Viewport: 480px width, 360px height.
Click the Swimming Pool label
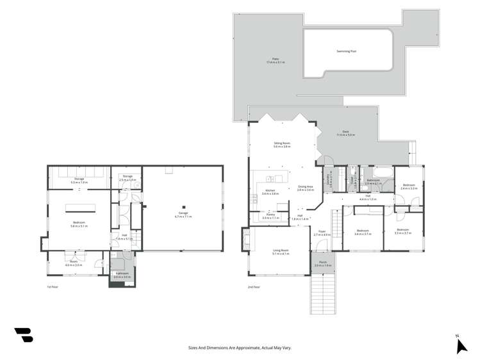347,51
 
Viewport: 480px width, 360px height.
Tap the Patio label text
275,60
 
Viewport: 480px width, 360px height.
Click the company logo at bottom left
24,334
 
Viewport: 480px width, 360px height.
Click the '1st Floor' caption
53,287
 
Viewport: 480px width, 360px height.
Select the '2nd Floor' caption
254,287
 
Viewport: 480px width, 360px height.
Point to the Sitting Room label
282,145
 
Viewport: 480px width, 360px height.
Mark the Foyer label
322,233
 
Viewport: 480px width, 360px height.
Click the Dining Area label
306,188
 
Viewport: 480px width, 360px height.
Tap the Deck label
345,133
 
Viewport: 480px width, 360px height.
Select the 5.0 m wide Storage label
79,181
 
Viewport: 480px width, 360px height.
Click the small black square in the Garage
183,207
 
